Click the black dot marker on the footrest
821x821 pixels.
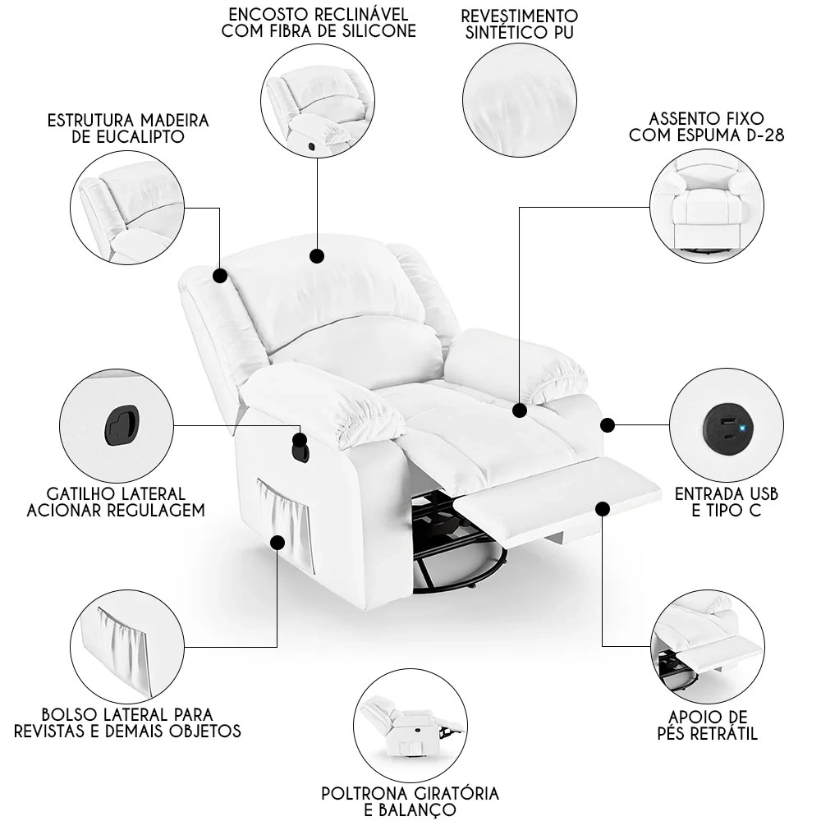[603, 509]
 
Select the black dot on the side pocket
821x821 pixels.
[277, 542]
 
